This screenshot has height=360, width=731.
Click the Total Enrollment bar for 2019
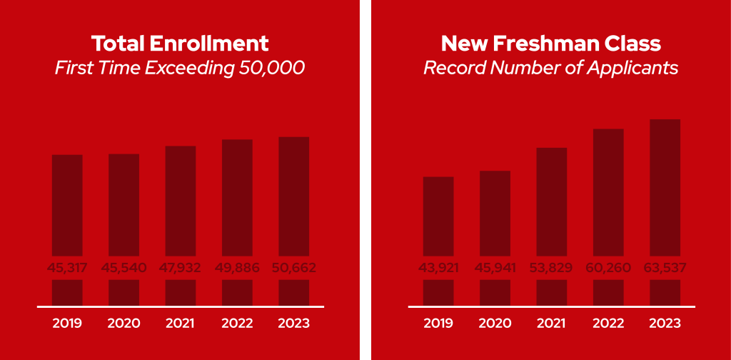[x=67, y=207]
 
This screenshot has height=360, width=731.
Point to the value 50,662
[x=294, y=269]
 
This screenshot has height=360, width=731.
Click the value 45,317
[x=67, y=269]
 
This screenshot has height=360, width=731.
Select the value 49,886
[x=237, y=269]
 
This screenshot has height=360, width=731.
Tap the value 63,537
[x=665, y=269]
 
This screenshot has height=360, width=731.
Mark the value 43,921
[x=438, y=269]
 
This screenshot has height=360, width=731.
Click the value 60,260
[x=608, y=269]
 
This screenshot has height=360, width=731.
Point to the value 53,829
[x=552, y=269]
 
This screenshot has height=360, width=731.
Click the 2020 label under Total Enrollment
[x=123, y=324]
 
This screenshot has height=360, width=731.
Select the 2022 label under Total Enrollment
[x=237, y=324]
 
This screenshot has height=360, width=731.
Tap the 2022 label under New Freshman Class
[x=608, y=324]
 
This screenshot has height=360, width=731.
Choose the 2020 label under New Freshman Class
[x=495, y=324]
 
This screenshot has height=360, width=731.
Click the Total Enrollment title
[x=181, y=44]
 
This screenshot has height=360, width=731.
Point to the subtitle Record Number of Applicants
[x=550, y=69]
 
